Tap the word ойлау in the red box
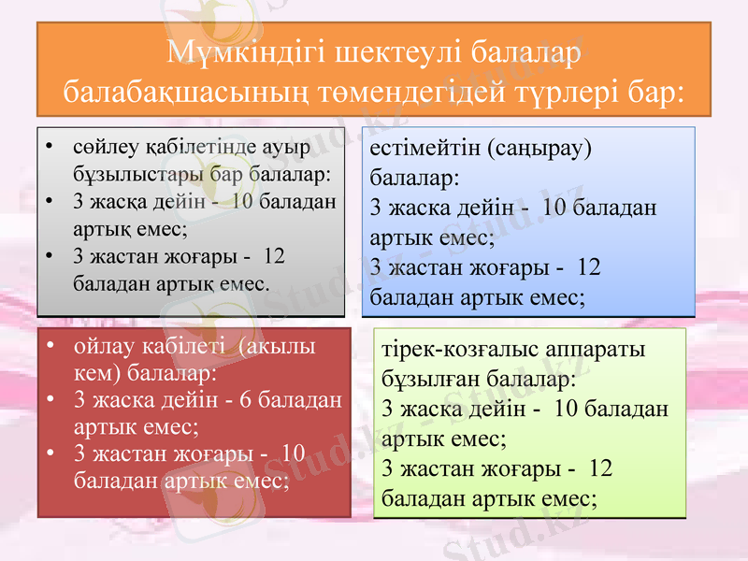(104, 346)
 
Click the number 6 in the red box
(245, 400)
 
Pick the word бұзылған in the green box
(426, 381)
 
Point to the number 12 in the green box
(601, 467)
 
